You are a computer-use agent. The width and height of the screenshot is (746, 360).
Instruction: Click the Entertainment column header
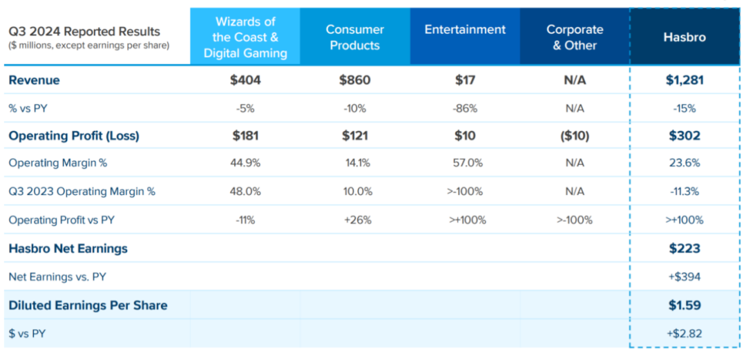[465, 30]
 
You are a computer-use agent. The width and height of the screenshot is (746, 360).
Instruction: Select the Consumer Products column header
[355, 37]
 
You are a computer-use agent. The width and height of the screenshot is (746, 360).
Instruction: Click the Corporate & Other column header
[575, 37]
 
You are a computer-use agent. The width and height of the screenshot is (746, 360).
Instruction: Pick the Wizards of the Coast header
[245, 37]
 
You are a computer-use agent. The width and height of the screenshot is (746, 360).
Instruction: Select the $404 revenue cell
[245, 80]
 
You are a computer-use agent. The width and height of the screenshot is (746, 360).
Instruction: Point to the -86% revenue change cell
[465, 108]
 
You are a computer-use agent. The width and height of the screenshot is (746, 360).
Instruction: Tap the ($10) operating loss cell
[575, 135]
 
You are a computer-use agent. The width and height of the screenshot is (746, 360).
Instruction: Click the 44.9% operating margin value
[245, 163]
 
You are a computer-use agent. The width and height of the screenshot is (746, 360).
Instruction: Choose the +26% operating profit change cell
[355, 220]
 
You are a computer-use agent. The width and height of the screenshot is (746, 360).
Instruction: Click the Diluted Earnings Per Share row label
[88, 305]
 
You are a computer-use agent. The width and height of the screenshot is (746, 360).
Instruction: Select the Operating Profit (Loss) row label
[74, 136]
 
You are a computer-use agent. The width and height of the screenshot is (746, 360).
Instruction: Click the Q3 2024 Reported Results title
[85, 32]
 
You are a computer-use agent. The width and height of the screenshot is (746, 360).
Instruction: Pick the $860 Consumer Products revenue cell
[355, 80]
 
